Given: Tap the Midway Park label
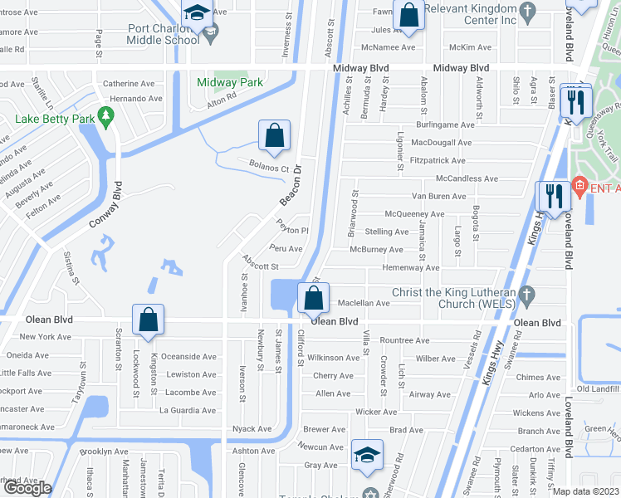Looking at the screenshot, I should pos(230,82).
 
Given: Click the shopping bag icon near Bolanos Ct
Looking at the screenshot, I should pos(274,134).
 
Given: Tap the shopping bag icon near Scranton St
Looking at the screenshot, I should pos(148,319).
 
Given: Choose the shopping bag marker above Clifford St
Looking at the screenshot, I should pos(314,298).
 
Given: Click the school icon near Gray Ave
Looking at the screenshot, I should pos(367,454).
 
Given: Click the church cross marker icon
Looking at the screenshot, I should pos(526,294).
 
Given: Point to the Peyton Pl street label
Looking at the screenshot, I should pos(292,231).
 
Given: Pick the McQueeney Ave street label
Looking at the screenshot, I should pos(414,214).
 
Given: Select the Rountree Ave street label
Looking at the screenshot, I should pos(404,340).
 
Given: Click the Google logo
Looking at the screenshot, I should pos(28,488).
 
